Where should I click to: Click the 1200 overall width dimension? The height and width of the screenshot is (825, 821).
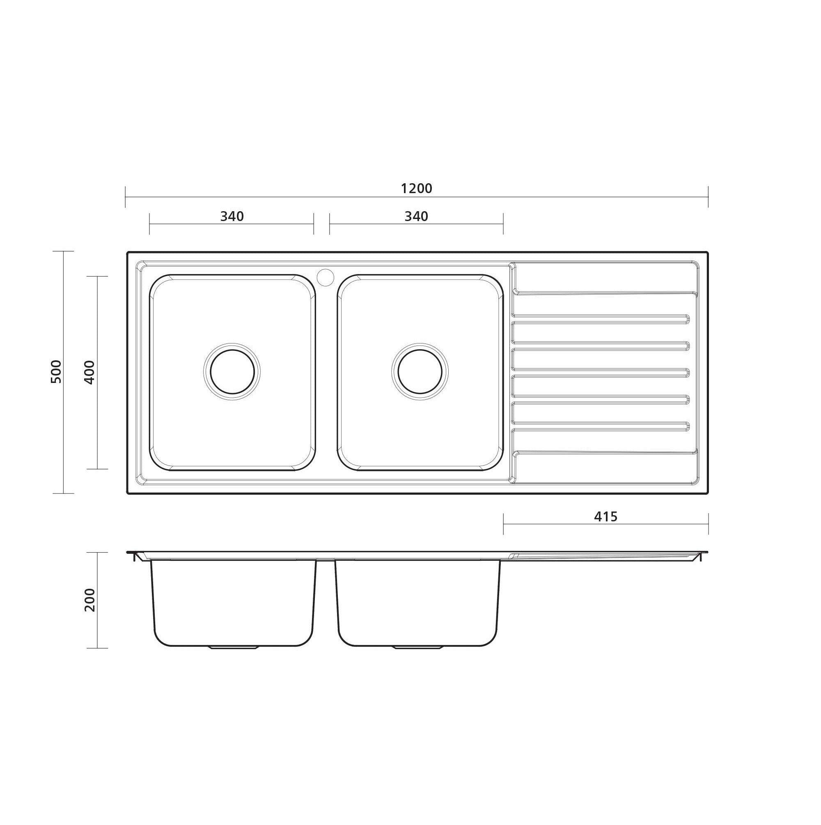pos(417,188)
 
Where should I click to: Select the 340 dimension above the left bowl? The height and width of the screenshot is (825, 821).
pos(232,217)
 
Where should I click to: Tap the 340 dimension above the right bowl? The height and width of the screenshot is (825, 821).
pos(416,217)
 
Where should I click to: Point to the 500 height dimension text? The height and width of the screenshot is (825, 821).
pos(56,371)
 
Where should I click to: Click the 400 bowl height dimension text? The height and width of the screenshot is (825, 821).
pos(89,372)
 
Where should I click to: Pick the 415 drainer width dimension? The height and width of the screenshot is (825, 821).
pos(605,517)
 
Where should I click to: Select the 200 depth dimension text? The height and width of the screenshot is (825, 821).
pos(89,599)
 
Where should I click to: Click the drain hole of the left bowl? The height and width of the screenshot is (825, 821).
pos(232,371)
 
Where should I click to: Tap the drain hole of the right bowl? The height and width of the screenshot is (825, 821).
pos(420,371)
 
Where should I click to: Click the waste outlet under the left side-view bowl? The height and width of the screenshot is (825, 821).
pos(233,648)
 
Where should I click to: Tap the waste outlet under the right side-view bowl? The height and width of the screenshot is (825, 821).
pos(417,648)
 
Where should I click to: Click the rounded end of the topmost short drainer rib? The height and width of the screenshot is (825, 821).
pos(687,319)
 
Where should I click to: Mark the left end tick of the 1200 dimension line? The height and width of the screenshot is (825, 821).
pos(126,197)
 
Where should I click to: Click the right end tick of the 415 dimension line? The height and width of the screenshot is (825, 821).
pos(709,523)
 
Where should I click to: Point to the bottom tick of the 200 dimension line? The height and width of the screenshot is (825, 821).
pos(97,648)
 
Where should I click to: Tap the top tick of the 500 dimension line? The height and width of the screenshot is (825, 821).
pos(63,251)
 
